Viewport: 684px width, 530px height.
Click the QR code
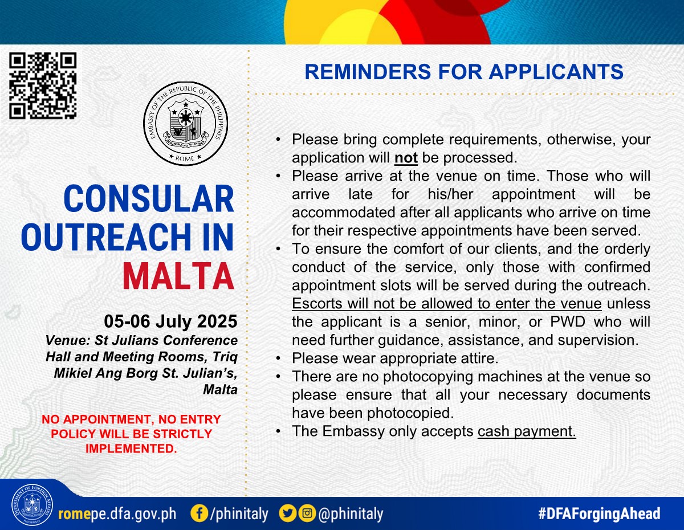43,85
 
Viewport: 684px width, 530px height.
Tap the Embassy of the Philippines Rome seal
186,124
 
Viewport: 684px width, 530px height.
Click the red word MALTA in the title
178,276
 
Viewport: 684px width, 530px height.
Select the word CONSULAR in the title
149,198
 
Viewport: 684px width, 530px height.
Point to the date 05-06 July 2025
170,321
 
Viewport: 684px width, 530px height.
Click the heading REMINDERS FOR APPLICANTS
464,72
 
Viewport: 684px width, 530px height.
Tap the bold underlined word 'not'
406,158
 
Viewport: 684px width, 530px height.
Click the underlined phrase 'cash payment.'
527,431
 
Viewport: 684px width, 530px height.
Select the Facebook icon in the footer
199,513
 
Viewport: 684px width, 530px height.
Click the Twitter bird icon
287,513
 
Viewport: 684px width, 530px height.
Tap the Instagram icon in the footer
307,513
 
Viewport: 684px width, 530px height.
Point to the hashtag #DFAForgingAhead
599,513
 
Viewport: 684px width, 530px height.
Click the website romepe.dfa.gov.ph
117,514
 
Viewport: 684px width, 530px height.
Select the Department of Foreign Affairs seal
32,504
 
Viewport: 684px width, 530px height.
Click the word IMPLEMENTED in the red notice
131,449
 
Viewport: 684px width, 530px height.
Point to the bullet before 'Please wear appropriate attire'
278,358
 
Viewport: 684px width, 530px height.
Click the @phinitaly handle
351,514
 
